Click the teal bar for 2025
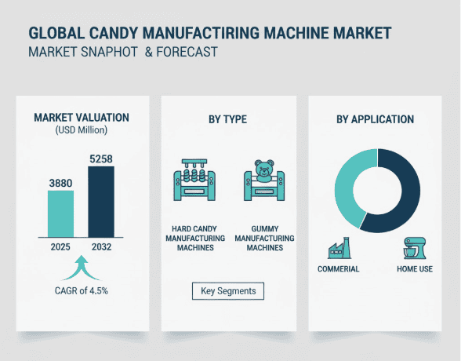point(61,213)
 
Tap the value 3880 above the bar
point(61,182)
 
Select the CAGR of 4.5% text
point(82,291)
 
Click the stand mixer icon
point(412,248)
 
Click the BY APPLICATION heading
point(375,120)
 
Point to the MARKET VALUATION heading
point(82,118)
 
